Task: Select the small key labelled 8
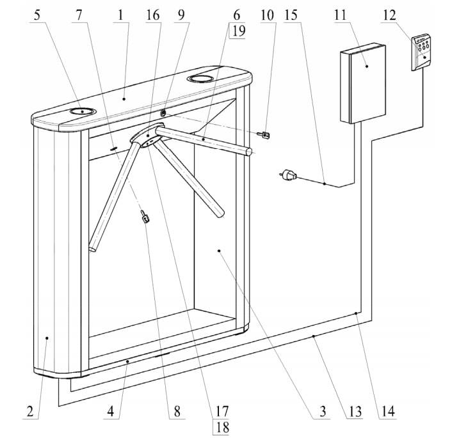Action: coord(145,218)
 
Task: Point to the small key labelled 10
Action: coord(262,134)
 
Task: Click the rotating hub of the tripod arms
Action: coord(147,137)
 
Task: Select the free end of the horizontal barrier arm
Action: coord(250,152)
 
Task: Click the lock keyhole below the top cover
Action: coord(164,112)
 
